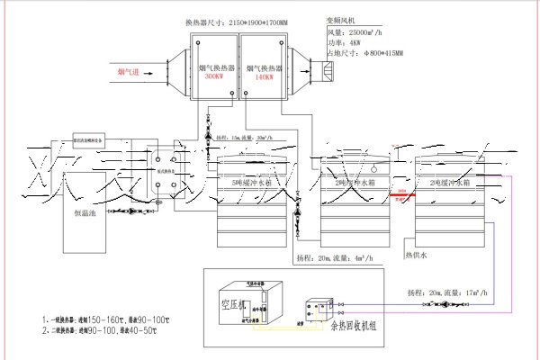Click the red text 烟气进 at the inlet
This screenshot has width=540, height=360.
127,69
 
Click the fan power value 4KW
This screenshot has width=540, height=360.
352,42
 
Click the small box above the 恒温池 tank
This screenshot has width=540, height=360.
76,140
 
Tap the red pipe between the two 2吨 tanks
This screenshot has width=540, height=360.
402,193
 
